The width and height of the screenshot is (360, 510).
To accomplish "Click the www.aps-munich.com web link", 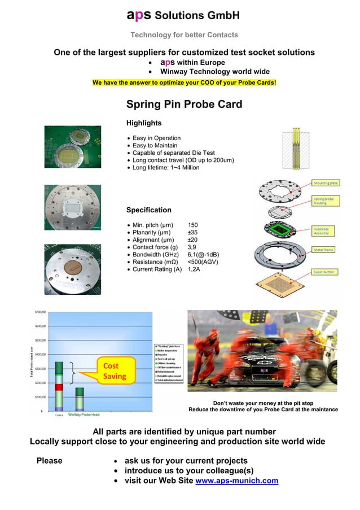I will (x=236, y=481).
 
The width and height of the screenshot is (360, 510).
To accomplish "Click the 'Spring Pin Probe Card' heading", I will (x=184, y=104).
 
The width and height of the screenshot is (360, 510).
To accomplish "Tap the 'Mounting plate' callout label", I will (x=326, y=184).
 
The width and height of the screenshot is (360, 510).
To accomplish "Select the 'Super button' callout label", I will (x=324, y=272).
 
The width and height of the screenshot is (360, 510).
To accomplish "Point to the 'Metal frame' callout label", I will (x=324, y=249).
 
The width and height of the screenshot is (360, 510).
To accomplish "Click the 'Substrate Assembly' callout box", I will (x=325, y=230).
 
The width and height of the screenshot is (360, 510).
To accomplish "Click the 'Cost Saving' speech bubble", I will (x=113, y=371).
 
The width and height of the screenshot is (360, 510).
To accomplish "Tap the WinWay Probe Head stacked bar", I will (x=80, y=398).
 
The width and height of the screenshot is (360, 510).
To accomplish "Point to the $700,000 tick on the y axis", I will (x=41, y=312).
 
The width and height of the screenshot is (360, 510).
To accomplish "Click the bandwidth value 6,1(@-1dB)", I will (x=203, y=254).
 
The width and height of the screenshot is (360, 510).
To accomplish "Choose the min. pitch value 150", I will (x=192, y=225).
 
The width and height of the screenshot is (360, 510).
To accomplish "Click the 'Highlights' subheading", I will (x=144, y=123).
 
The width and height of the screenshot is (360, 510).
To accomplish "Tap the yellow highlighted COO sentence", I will (x=185, y=83).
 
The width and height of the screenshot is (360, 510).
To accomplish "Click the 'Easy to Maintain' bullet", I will (x=155, y=146).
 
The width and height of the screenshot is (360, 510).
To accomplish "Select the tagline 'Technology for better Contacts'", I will (x=184, y=35).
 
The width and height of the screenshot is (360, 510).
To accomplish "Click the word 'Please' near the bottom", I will (x=49, y=461).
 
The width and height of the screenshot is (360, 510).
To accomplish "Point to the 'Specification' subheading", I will (x=148, y=210).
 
